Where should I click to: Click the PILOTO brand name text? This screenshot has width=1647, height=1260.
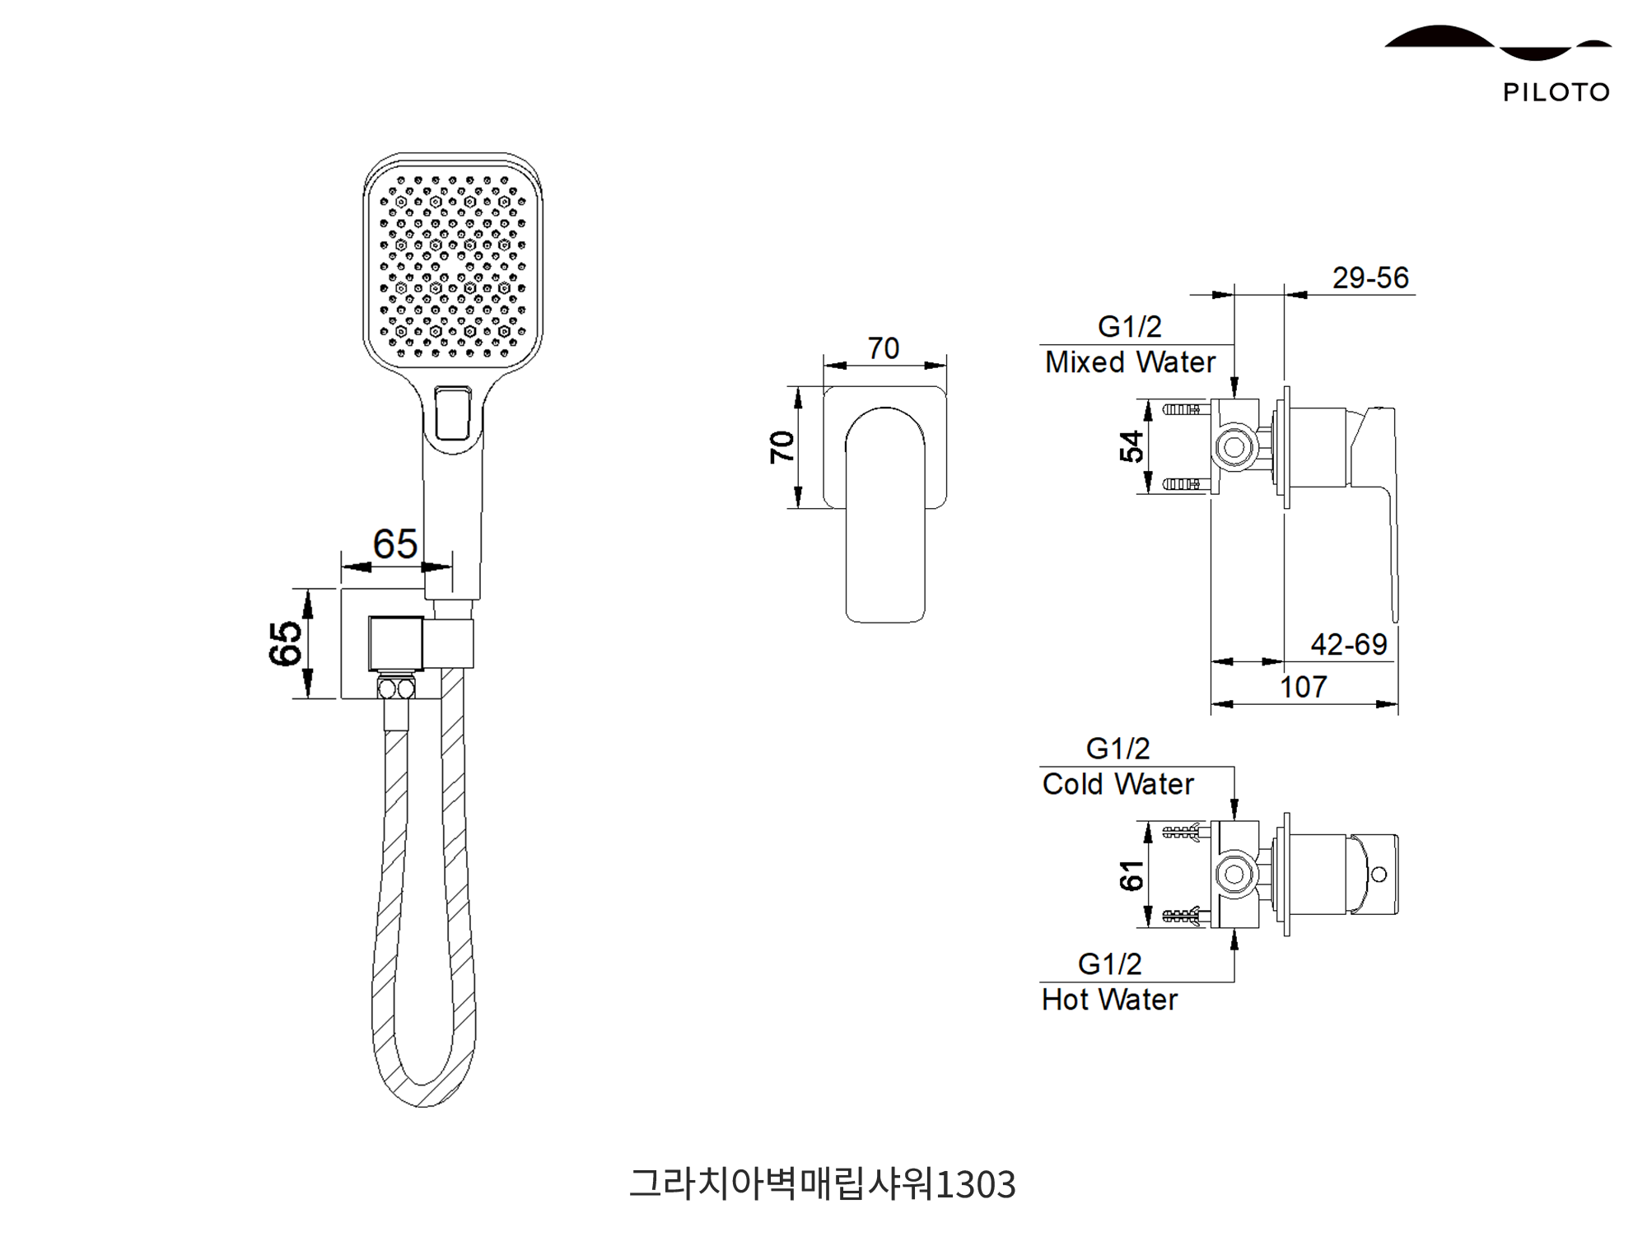tap(1556, 92)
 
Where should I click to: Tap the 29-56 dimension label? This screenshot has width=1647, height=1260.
tap(1370, 278)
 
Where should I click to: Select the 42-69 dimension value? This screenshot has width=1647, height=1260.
tap(1349, 644)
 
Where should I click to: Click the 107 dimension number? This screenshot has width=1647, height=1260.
tap(1304, 687)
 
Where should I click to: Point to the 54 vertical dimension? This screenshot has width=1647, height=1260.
tap(1131, 446)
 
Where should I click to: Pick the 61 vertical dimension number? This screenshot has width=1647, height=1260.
tap(1131, 875)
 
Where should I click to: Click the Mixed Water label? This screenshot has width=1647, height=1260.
tap(1130, 362)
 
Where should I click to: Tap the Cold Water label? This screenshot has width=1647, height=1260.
tap(1117, 784)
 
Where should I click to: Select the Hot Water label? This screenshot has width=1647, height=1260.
tap(1109, 1000)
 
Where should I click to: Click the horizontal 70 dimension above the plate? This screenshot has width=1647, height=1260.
tap(884, 348)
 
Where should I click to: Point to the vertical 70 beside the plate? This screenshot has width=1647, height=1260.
tap(782, 447)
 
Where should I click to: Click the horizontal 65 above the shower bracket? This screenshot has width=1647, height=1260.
tap(394, 544)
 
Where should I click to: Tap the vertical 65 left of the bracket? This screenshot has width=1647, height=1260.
tap(285, 643)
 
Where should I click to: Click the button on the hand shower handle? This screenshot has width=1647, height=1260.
tap(452, 414)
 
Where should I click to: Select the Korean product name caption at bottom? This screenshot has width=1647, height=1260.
tap(823, 1184)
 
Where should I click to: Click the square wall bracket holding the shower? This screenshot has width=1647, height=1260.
tap(396, 643)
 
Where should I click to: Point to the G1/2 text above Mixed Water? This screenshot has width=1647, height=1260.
tap(1129, 327)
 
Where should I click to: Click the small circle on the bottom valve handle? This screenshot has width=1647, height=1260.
tap(1379, 874)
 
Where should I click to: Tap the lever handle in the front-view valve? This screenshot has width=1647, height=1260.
tap(885, 515)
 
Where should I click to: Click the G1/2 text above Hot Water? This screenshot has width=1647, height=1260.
tap(1109, 964)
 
